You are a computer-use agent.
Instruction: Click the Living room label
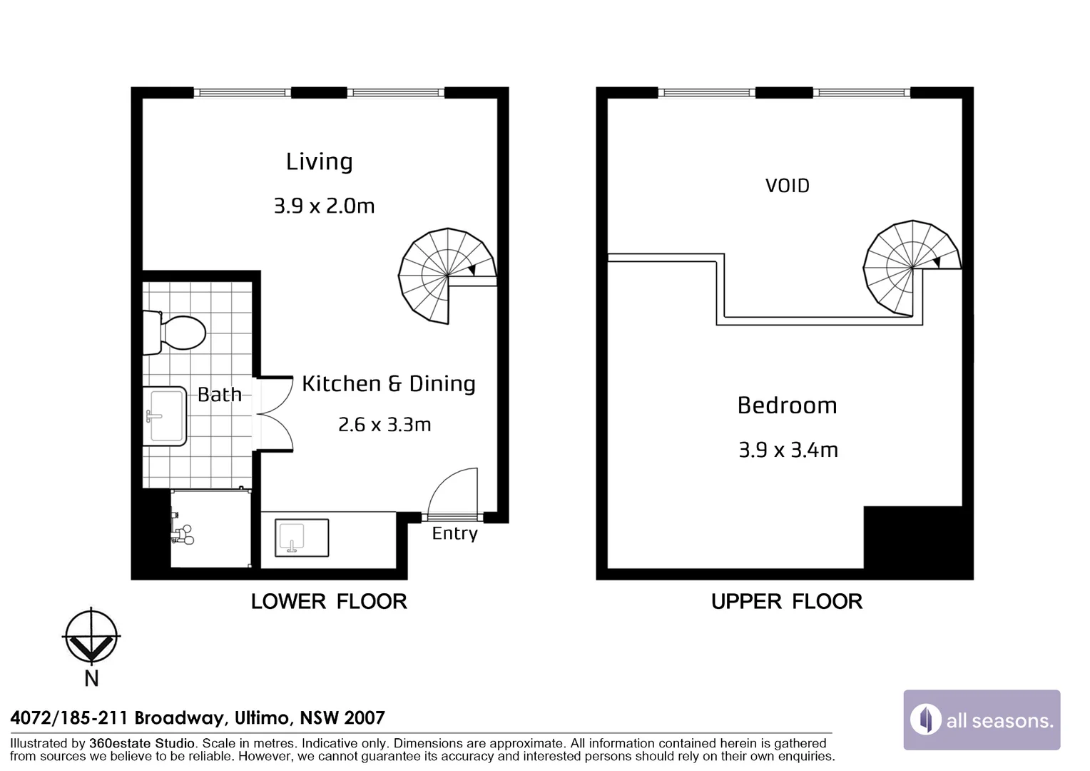pyautogui.click(x=319, y=162)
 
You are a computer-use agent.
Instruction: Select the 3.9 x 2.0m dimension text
pyautogui.click(x=324, y=206)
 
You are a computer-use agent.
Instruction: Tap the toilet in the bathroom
pyautogui.click(x=174, y=333)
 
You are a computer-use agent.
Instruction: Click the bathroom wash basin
pyautogui.click(x=165, y=416)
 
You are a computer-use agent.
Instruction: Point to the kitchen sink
pyautogui.click(x=302, y=538)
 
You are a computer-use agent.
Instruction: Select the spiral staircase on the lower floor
pyautogui.click(x=447, y=276)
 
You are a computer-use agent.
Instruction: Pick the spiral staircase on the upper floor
pyautogui.click(x=912, y=268)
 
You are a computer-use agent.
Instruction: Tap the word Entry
pyautogui.click(x=455, y=534)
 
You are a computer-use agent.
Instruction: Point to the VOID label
pyautogui.click(x=788, y=186)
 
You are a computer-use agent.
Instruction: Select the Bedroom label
pyautogui.click(x=788, y=405)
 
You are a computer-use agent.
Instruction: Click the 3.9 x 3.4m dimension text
pyautogui.click(x=788, y=450)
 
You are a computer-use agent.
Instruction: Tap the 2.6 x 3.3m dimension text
pyautogui.click(x=384, y=425)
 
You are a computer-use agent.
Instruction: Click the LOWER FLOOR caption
pyautogui.click(x=329, y=602)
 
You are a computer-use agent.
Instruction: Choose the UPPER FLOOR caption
pyautogui.click(x=787, y=602)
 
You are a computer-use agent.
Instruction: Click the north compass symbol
pyautogui.click(x=91, y=636)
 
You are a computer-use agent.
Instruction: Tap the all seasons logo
pyautogui.click(x=982, y=720)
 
